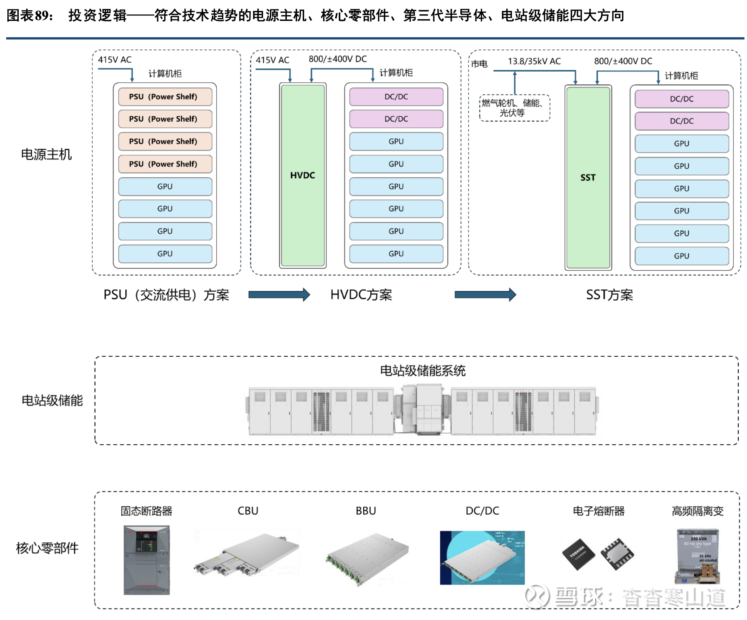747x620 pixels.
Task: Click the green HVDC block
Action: click(302, 175)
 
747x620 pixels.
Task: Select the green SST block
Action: click(588, 177)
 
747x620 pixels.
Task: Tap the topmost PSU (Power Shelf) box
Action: click(165, 97)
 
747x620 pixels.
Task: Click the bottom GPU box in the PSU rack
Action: click(165, 254)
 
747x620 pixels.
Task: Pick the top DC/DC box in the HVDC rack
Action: click(396, 97)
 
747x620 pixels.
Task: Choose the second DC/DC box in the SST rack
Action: click(681, 121)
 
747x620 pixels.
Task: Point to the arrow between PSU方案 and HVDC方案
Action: click(279, 294)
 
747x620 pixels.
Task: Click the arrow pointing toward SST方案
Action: click(485, 294)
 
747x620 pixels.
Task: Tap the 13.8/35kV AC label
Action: click(534, 61)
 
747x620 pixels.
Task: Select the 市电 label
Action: click(479, 64)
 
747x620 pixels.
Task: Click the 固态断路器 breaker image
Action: click(147, 560)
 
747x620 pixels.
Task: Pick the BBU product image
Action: click(367, 559)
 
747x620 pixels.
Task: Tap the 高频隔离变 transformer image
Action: click(697, 556)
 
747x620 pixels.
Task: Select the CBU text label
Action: click(248, 511)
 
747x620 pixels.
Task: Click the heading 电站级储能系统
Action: click(423, 371)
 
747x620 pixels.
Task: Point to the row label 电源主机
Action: click(46, 154)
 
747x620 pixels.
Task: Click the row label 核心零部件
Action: click(47, 548)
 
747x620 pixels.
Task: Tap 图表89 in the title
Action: click(29, 16)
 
